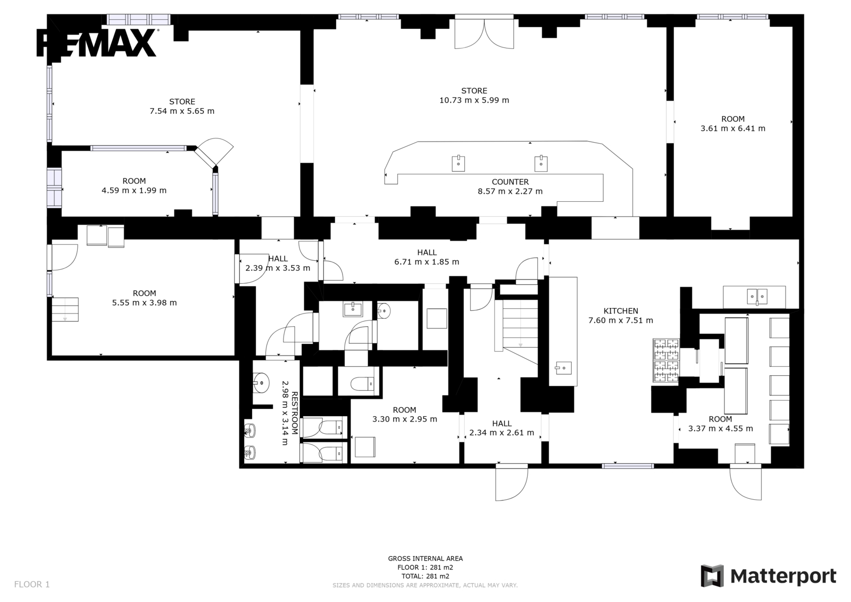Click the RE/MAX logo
click(96, 43)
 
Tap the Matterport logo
click(768, 576)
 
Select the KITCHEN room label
click(621, 311)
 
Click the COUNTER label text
click(510, 182)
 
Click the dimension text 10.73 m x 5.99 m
click(474, 100)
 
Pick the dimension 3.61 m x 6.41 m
click(733, 128)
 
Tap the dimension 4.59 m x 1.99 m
click(134, 190)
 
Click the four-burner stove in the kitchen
click(666, 360)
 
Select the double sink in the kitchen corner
click(757, 296)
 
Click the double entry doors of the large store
click(484, 34)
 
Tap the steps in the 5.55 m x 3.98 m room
click(65, 309)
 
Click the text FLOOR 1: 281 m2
click(425, 567)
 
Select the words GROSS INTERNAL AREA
click(425, 559)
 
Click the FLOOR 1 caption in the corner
click(32, 584)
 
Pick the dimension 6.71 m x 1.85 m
click(427, 262)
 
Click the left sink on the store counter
click(458, 163)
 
